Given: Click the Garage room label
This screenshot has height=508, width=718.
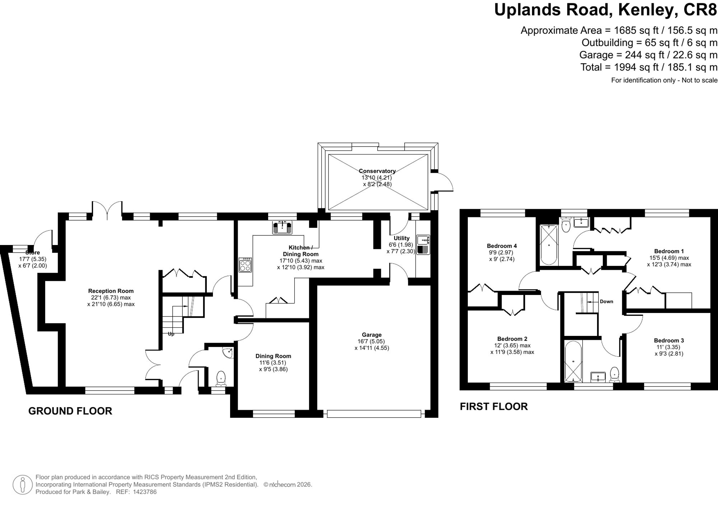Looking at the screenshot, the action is (x=372, y=334).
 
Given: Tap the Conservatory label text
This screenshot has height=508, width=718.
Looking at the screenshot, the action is (x=377, y=171).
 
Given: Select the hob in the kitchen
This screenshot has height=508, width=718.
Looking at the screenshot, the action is (x=246, y=265).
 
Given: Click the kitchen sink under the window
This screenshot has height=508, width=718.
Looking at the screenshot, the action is (x=282, y=227).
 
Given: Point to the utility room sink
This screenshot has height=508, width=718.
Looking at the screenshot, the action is (x=423, y=245).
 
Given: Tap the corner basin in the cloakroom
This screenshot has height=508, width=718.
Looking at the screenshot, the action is (x=228, y=353).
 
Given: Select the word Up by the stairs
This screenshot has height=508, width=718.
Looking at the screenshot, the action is (x=171, y=334).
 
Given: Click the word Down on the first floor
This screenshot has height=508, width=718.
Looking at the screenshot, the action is (x=606, y=301).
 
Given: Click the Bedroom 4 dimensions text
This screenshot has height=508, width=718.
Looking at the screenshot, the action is (x=502, y=256).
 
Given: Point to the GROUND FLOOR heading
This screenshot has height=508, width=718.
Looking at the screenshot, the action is (x=70, y=411).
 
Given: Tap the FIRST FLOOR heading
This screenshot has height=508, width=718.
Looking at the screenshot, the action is (x=494, y=407).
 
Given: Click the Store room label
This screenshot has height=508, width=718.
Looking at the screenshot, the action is (x=32, y=253).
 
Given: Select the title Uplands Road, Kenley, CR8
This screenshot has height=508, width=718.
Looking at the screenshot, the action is (x=606, y=10).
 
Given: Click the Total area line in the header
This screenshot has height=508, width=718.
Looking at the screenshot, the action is (x=649, y=67).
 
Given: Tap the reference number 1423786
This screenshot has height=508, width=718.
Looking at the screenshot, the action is (x=145, y=492).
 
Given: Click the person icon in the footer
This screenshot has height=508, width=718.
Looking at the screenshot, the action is (x=23, y=485).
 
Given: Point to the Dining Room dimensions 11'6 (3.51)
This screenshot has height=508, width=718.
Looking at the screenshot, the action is (x=273, y=363).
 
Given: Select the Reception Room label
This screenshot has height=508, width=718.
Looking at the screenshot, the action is (x=111, y=291).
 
